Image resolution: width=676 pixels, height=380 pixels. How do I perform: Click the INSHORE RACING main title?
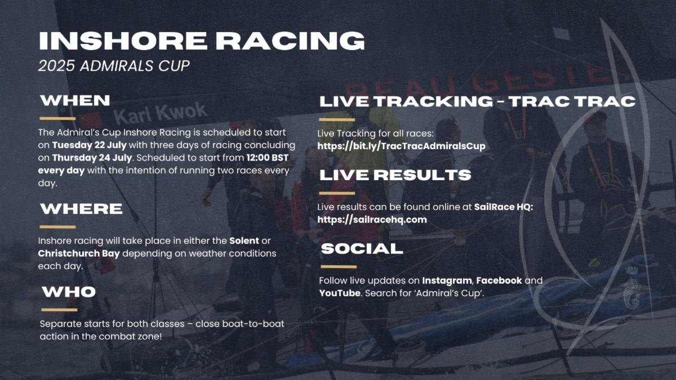click(201, 41)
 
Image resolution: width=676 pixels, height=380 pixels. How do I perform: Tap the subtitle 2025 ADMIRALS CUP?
click(113, 66)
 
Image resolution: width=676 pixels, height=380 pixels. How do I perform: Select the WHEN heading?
click(75, 101)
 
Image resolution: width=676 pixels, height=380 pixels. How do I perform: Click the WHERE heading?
click(81, 209)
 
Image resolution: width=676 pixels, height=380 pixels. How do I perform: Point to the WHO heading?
click(69, 292)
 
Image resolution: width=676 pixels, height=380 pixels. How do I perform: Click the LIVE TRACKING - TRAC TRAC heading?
click(477, 102)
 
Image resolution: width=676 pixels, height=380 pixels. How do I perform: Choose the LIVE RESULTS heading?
click(395, 175)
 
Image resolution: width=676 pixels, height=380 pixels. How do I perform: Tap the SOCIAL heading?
click(362, 248)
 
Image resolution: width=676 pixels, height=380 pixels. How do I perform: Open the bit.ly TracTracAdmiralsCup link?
click(401, 146)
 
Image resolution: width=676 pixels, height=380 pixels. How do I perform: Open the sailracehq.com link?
click(372, 220)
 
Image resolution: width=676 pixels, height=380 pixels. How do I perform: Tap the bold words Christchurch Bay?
click(79, 253)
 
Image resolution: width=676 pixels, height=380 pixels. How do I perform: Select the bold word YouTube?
click(339, 293)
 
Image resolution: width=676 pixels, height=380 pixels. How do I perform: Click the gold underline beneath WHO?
click(59, 310)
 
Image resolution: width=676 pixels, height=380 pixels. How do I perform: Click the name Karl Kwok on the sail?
click(153, 113)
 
